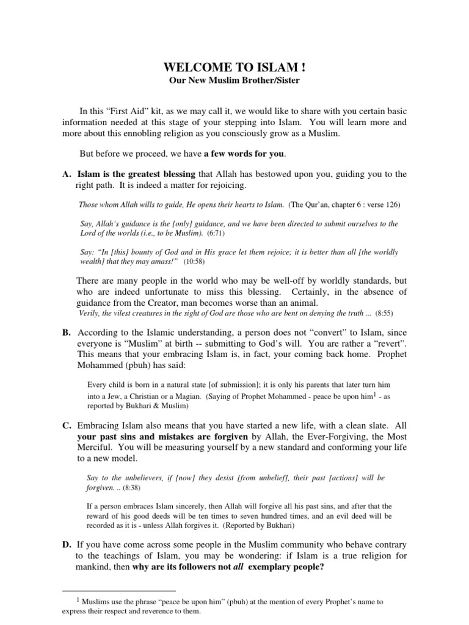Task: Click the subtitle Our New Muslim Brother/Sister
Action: coord(234,81)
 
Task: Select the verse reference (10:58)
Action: coord(195,261)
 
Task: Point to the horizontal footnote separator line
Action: coord(119,591)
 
